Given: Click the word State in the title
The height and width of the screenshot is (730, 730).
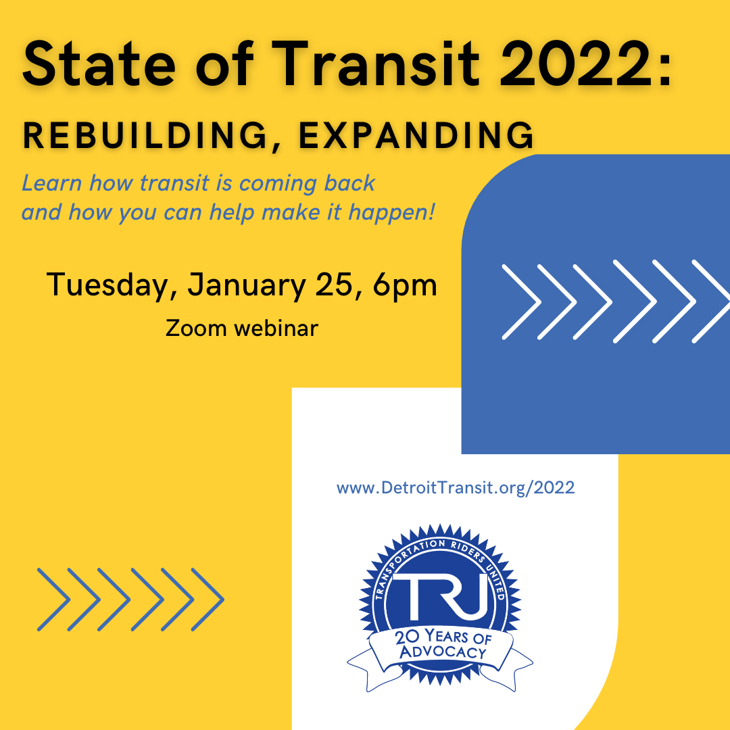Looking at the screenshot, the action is [x=99, y=64].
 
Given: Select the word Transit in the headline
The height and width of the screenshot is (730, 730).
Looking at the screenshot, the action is [x=376, y=64].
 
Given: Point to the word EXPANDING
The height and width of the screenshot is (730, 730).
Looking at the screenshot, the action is [x=416, y=135].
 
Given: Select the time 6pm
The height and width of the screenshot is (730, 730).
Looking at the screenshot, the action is [x=405, y=285].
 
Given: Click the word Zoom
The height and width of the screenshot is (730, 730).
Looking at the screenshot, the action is [x=195, y=328].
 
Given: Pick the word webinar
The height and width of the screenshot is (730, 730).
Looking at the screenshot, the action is [x=276, y=328].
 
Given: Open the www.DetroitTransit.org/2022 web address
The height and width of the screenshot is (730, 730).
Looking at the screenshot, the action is [x=456, y=488].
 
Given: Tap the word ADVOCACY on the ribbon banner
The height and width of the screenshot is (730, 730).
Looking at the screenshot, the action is [x=443, y=652].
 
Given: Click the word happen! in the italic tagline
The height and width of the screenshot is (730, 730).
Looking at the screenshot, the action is [x=391, y=213].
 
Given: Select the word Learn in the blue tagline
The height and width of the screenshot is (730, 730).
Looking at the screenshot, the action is [x=51, y=183].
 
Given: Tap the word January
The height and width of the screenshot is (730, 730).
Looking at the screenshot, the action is [x=247, y=285].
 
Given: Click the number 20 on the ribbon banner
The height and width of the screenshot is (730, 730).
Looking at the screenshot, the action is [x=407, y=637].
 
